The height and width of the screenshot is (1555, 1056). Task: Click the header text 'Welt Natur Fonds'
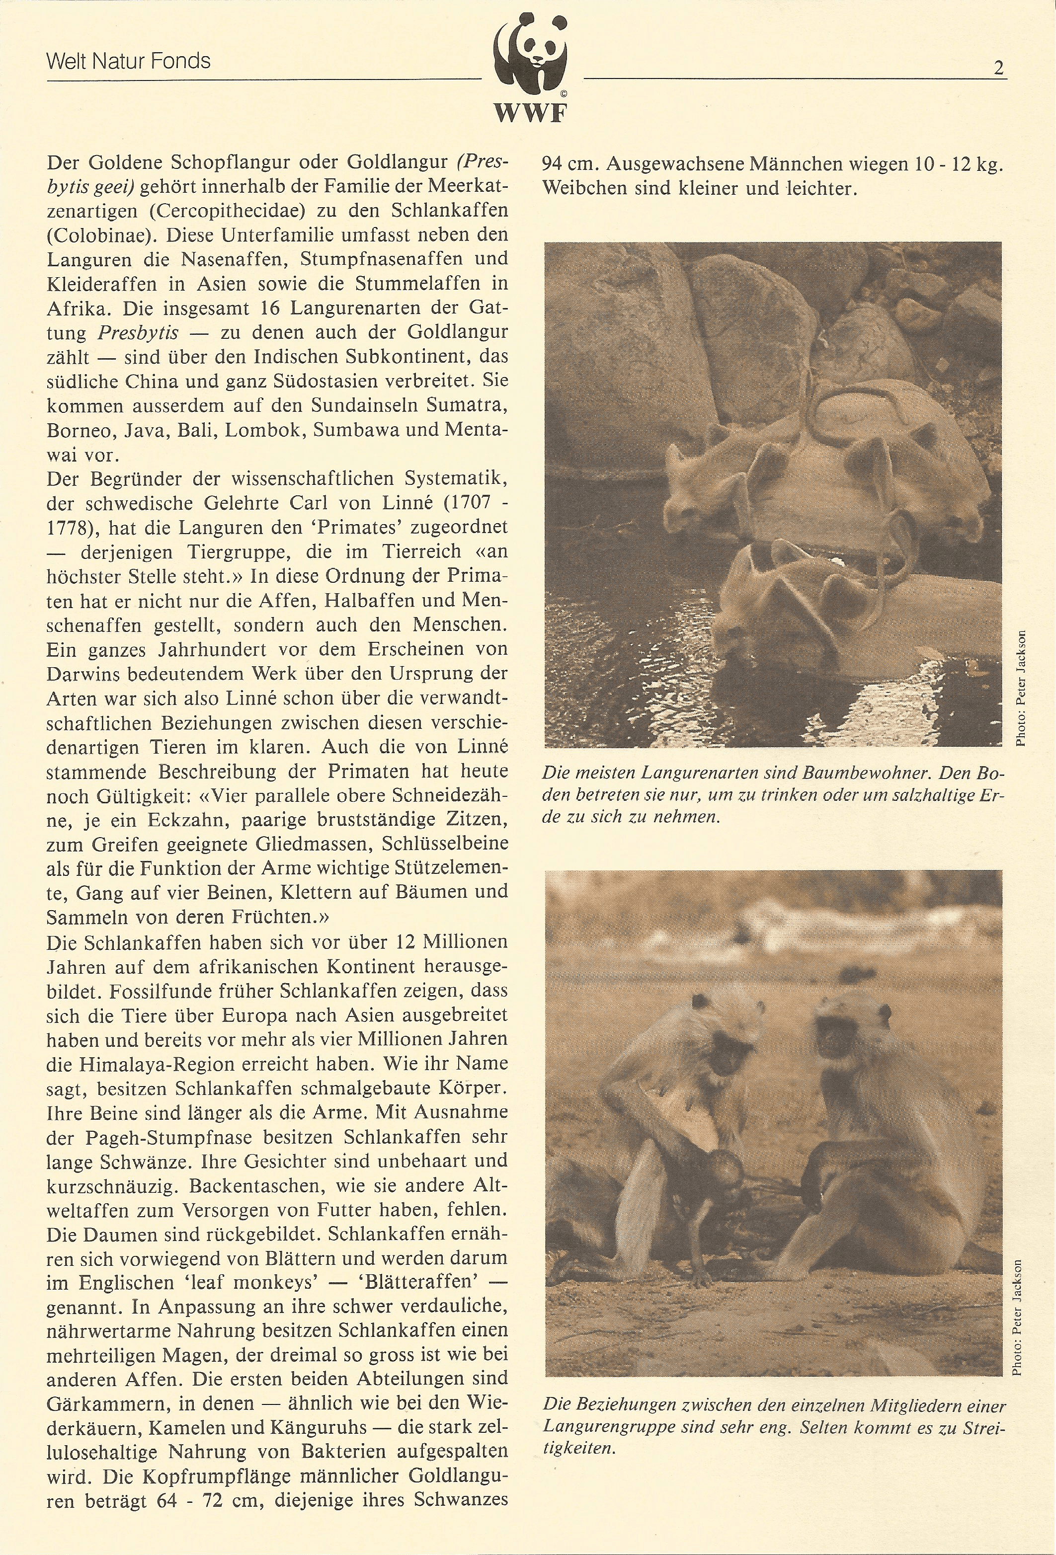(129, 62)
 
